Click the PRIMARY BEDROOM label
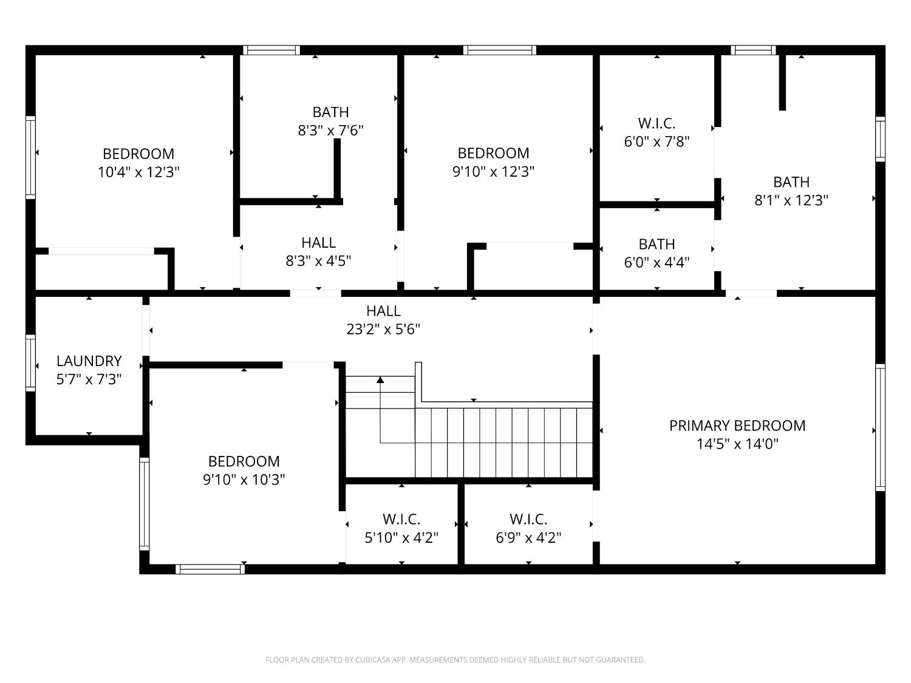(x=737, y=426)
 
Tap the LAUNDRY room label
(x=89, y=361)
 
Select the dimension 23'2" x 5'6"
(x=383, y=329)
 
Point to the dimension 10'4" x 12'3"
(x=138, y=172)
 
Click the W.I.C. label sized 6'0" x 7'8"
(x=657, y=123)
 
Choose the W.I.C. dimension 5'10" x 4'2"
(x=401, y=537)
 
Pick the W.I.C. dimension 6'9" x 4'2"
(x=528, y=537)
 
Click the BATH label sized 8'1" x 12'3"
(x=791, y=182)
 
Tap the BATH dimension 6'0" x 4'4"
(x=657, y=262)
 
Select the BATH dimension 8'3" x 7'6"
(x=330, y=130)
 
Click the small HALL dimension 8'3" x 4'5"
(x=318, y=260)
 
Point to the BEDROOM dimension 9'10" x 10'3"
(x=244, y=480)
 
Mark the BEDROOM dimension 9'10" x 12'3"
(x=493, y=171)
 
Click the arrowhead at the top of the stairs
(x=380, y=380)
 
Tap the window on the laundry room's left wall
(x=30, y=362)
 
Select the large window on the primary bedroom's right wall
(x=880, y=427)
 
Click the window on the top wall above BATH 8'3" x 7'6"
(x=271, y=50)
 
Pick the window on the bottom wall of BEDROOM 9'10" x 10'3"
(x=210, y=569)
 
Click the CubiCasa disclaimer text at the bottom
(x=455, y=659)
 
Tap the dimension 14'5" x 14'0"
(x=737, y=444)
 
